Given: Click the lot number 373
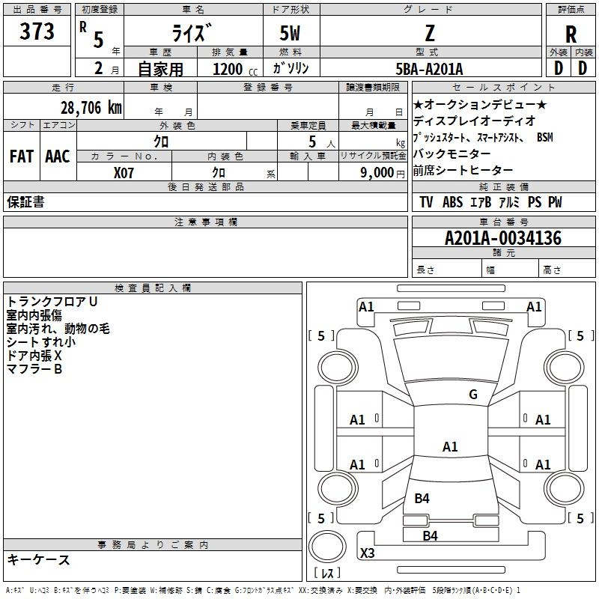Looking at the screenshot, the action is click(37, 31).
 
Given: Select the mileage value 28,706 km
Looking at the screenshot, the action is click(91, 108).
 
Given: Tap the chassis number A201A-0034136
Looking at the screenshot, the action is click(503, 238).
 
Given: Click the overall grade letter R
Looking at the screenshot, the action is click(571, 34).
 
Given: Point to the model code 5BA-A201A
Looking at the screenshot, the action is click(429, 69).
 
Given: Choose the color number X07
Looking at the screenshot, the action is click(124, 173).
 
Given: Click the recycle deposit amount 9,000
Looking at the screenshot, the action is click(377, 172).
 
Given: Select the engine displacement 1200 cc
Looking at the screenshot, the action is click(235, 69).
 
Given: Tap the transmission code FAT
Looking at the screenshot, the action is click(22, 156).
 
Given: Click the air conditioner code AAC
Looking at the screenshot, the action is click(58, 156).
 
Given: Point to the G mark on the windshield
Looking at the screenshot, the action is click(473, 395).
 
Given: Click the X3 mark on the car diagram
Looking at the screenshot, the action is click(367, 553).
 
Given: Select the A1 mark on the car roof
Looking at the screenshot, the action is click(450, 446).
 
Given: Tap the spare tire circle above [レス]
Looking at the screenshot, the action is click(327, 546).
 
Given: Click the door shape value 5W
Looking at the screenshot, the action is click(290, 33).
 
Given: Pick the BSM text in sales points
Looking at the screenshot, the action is click(544, 137).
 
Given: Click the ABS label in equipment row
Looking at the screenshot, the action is click(452, 202).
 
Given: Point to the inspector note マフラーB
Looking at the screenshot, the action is click(34, 369).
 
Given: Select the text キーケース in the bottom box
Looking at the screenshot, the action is click(38, 560).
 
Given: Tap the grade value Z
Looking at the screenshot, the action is click(430, 34).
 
